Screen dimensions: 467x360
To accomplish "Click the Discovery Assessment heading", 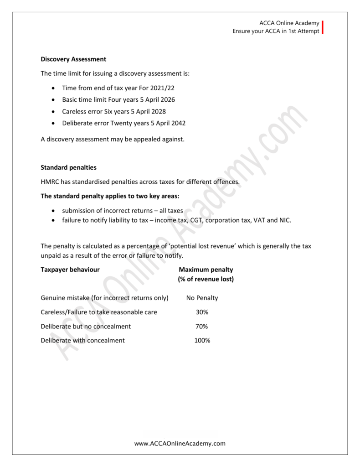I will pos(73,59).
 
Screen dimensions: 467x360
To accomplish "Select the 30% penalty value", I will pos(202,312).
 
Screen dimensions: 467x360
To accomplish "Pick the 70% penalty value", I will pos(202,327).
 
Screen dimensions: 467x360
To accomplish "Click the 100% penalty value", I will pos(202,341).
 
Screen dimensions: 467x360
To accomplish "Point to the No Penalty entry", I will pos(202,298).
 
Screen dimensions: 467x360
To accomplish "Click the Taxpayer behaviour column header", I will pos(70,270).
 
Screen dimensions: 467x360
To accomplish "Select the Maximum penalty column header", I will pos(206,270).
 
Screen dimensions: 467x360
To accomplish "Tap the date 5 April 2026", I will pos(155,99).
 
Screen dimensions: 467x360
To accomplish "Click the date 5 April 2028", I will pos(146,111).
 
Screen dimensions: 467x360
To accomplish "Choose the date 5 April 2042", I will pos(165,123).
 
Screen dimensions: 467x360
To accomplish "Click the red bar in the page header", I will pos(323,27).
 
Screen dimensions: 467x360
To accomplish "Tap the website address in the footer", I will pos(180,443).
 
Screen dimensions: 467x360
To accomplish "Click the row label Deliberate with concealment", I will pos(82,341).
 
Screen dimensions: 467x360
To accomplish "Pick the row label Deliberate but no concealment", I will pos(86,327).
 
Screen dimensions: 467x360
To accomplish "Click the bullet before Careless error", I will pos(54,112).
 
